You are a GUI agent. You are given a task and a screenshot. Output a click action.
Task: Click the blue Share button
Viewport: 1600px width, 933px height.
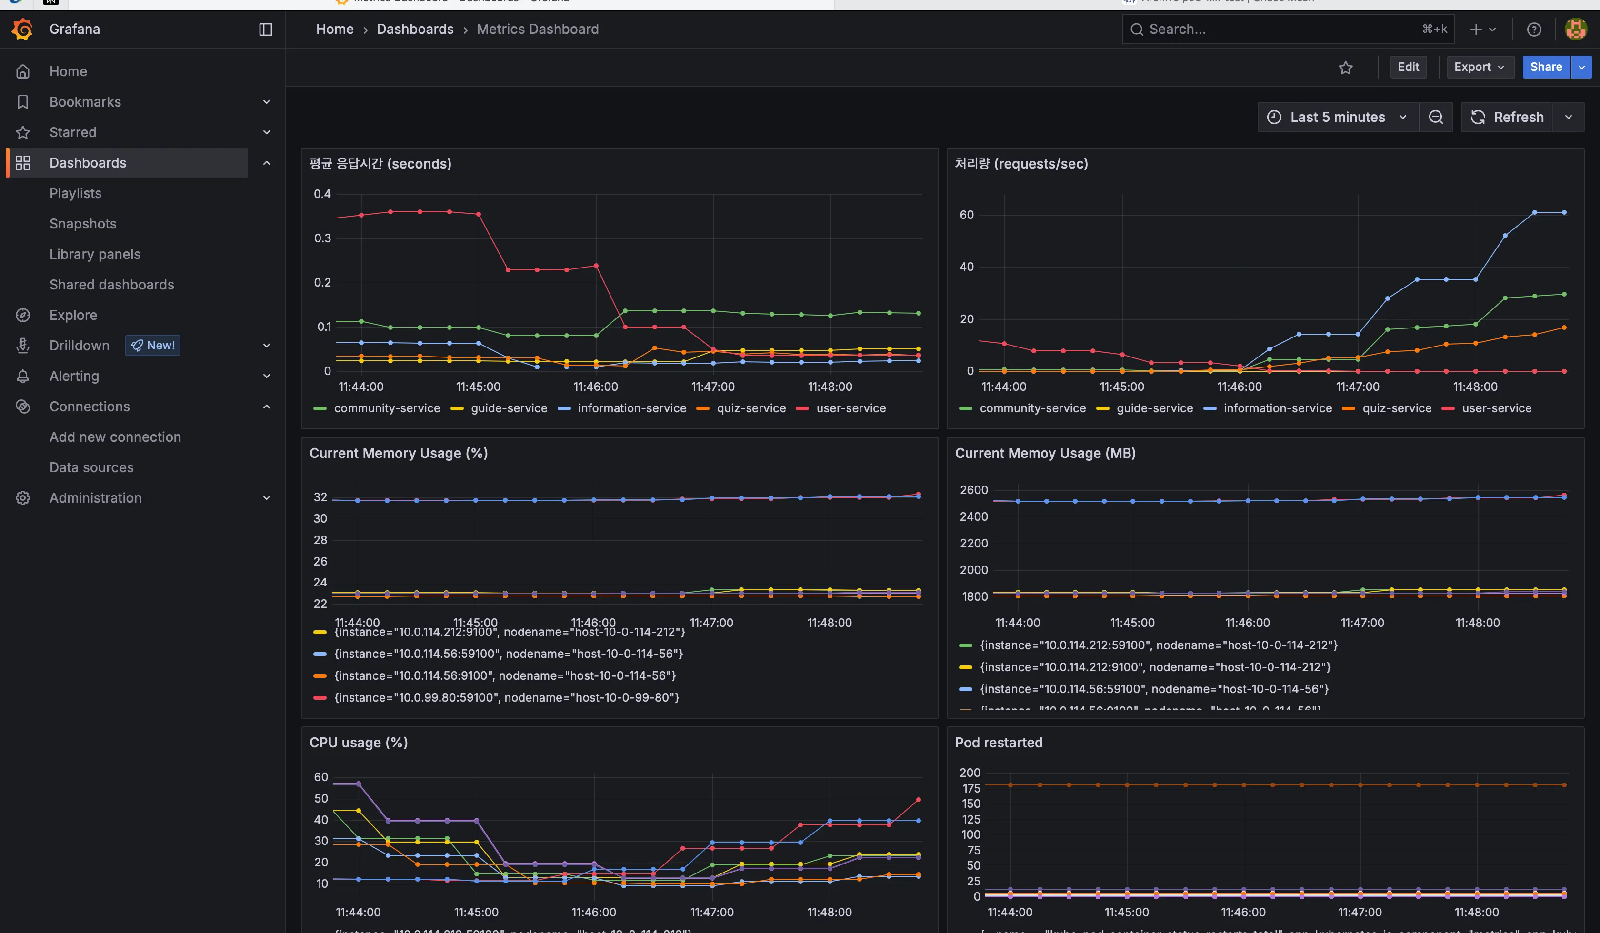[x=1545, y=67]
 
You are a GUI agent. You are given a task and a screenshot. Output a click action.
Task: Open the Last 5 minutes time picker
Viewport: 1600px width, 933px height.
[x=1337, y=117]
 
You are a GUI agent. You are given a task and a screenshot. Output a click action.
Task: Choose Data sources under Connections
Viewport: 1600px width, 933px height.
[x=91, y=467]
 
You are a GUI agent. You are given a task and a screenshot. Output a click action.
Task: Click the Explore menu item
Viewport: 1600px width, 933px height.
[x=73, y=315]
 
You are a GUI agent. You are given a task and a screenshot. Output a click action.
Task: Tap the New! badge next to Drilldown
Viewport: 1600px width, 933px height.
[x=152, y=345]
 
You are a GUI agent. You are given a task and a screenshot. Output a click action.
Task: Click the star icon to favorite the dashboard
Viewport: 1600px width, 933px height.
[x=1345, y=67]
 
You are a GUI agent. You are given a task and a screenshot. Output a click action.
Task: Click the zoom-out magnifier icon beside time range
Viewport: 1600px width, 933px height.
[x=1436, y=117]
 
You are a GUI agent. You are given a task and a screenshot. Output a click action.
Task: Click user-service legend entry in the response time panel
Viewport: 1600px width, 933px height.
[x=850, y=408]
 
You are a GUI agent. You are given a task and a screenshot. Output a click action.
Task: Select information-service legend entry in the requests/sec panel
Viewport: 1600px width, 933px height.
[x=1277, y=408]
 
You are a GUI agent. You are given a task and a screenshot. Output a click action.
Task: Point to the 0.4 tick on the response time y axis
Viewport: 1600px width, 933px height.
[x=322, y=194]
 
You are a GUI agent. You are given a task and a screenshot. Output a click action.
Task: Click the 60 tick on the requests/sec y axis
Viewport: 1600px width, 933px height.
[x=966, y=215]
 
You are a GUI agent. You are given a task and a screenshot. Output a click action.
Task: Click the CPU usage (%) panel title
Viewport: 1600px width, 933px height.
[x=358, y=742]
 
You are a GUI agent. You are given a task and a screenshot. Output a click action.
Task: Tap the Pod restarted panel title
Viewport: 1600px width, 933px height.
[x=998, y=742]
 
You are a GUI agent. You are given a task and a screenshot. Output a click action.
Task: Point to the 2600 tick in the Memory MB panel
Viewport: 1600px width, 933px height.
[x=973, y=489]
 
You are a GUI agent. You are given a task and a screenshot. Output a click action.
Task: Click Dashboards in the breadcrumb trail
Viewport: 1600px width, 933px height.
[x=415, y=29]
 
